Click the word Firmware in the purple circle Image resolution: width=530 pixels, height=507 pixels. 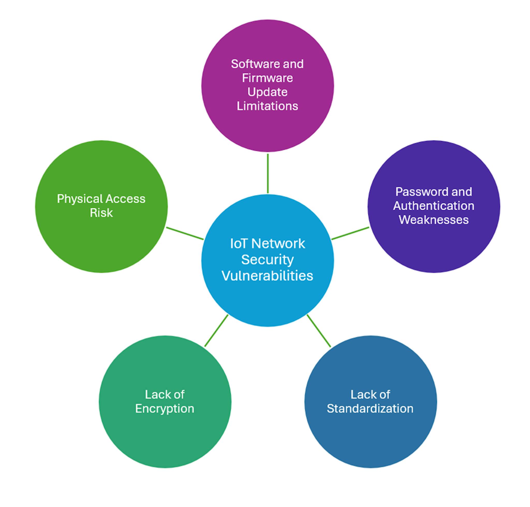267,78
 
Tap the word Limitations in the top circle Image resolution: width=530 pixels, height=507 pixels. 267,106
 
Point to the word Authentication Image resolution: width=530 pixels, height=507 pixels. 433,206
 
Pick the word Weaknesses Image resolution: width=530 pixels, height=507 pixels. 433,220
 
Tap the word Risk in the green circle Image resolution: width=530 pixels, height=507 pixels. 101,213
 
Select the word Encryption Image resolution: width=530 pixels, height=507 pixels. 165,408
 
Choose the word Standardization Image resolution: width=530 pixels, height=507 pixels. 370,408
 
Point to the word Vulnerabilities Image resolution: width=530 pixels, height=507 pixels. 267,276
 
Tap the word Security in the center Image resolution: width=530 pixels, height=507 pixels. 267,260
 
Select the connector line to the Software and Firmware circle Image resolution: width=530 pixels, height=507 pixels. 268,173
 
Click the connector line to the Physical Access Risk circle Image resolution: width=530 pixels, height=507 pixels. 185,233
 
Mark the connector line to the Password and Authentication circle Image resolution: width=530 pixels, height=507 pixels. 350,233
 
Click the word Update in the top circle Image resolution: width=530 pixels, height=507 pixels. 267,92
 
